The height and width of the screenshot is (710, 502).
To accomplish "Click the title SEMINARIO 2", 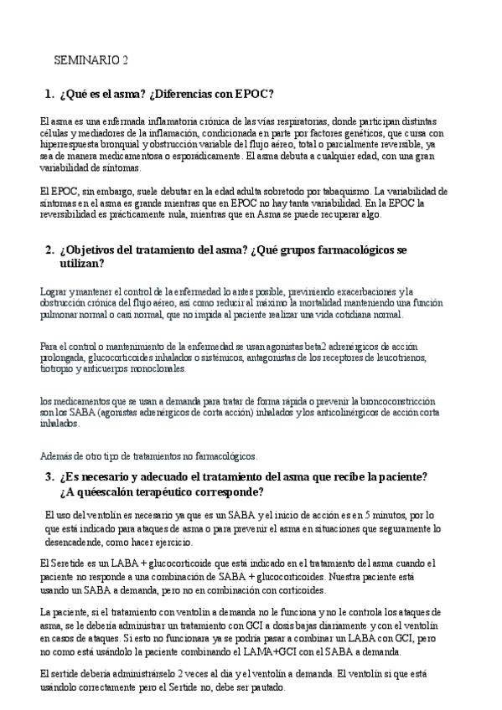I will coord(91,60).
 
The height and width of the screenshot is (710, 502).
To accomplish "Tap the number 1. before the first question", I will coord(49,93).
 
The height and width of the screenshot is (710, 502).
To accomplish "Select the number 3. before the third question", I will coord(49,476).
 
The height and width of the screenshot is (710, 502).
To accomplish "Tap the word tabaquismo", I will coord(344,191).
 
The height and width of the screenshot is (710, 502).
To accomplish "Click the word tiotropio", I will coord(58,369).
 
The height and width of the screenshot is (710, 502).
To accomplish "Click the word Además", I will coord(56,456).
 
